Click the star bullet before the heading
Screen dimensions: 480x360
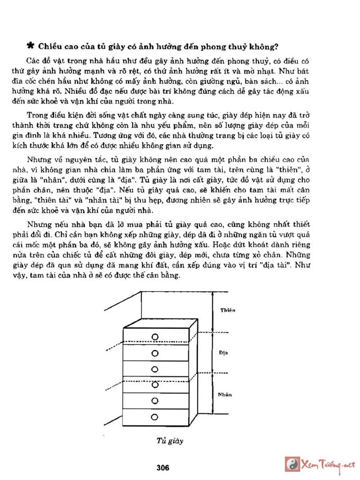31,45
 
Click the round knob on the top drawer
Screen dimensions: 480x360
155,337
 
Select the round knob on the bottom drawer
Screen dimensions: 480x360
155,416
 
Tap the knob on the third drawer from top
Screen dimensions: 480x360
155,369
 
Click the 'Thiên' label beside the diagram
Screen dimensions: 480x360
229,310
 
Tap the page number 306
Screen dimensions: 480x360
162,468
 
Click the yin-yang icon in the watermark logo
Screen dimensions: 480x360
293,464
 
